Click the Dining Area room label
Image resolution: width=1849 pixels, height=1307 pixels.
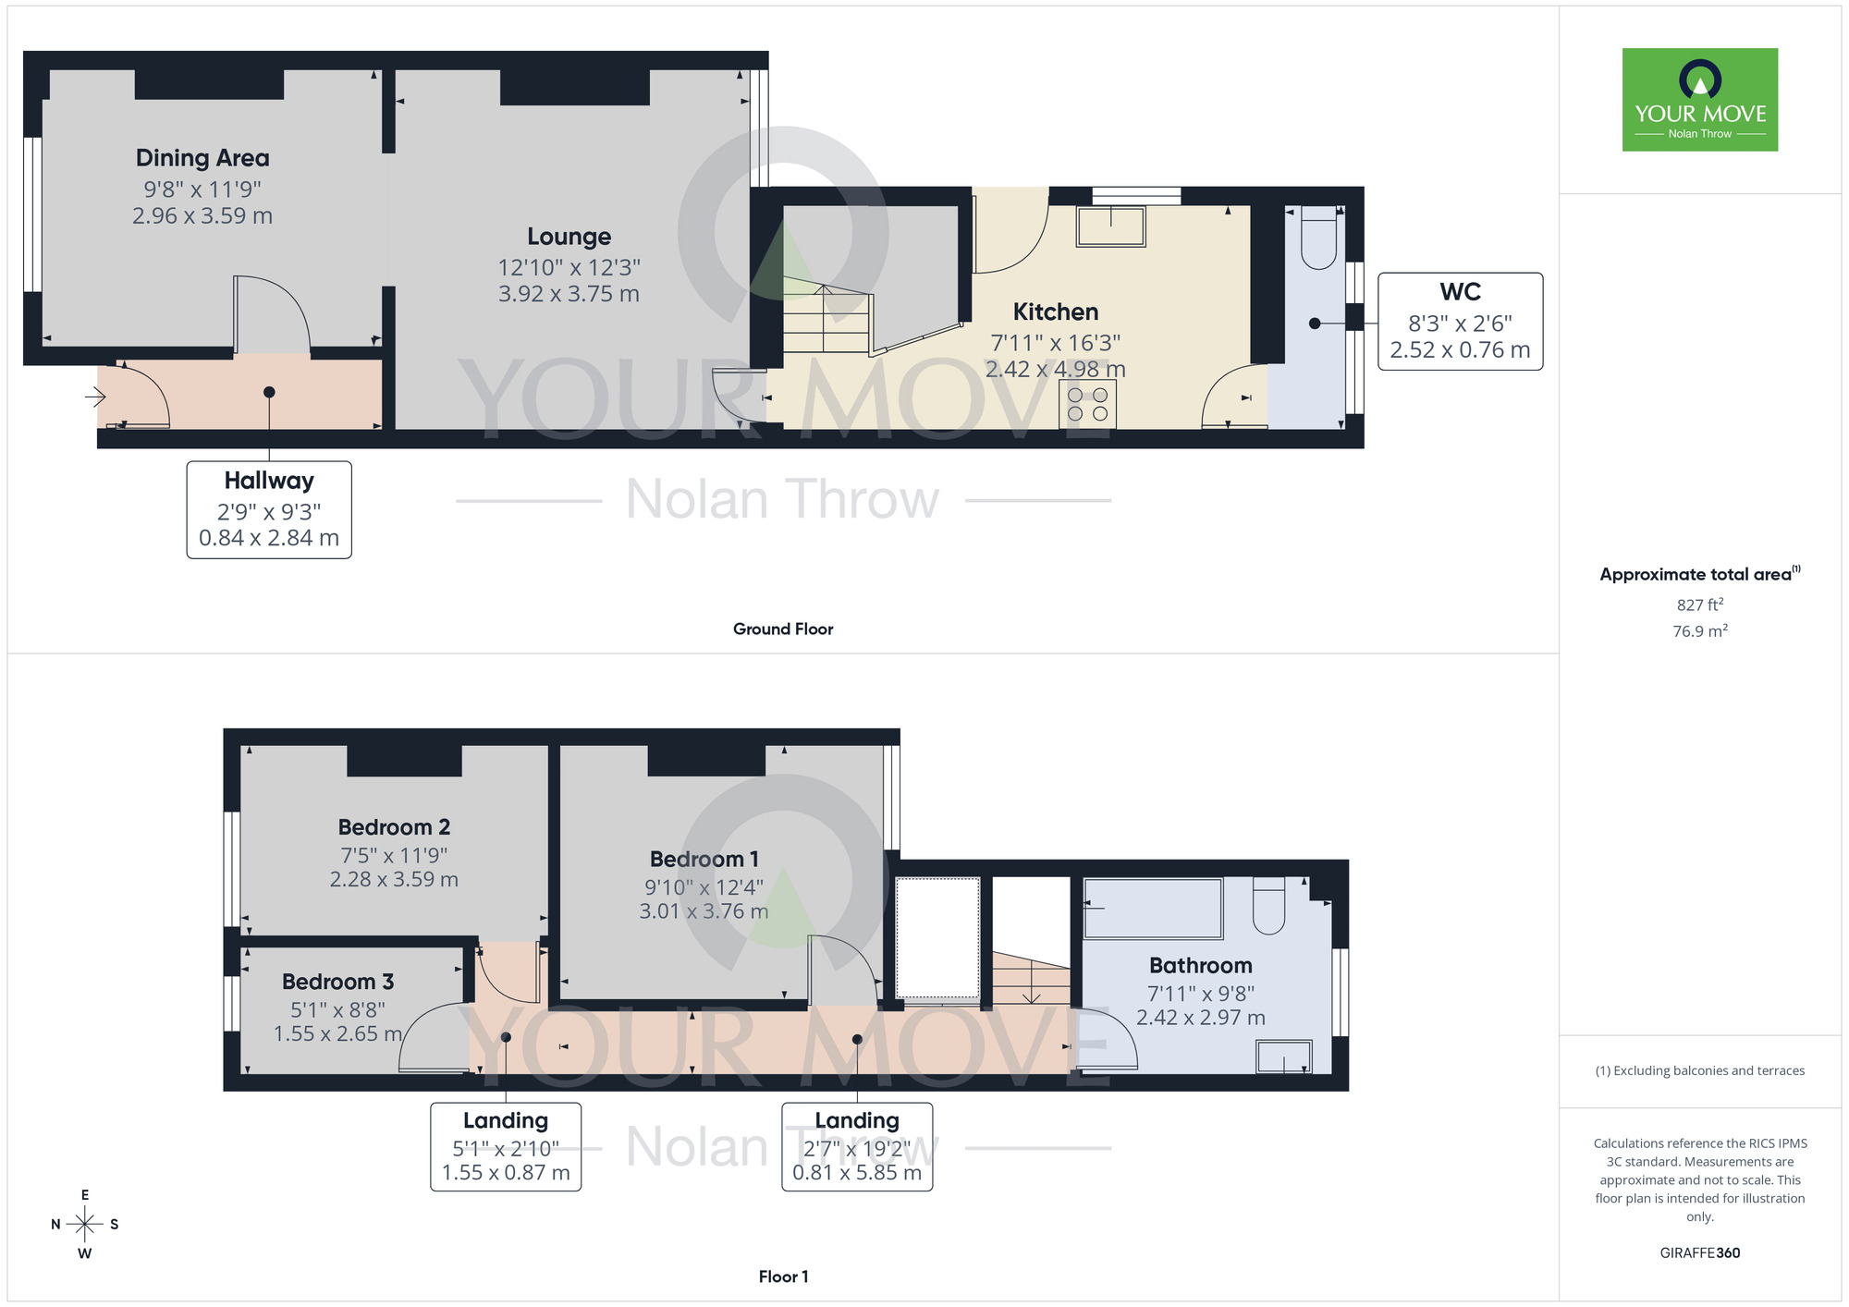pos(202,158)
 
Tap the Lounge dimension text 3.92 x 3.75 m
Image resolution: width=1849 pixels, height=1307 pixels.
pos(569,294)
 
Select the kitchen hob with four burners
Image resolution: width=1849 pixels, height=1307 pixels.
pos(1087,405)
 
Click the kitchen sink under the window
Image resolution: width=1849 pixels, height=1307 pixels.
pos(1110,226)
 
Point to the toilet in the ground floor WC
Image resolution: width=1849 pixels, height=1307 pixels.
pos(1318,238)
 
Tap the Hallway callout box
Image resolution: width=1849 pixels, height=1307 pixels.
pos(269,509)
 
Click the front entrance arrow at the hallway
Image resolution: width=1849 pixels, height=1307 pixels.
pos(95,397)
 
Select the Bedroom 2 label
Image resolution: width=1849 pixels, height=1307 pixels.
pos(394,827)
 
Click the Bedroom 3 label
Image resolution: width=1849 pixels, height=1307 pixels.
pos(337,982)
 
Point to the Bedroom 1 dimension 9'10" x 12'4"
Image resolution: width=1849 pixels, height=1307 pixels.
pos(704,887)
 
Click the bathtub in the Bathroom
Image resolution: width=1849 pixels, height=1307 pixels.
pos(1152,908)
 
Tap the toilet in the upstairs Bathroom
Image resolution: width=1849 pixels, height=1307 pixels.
pos(1269,906)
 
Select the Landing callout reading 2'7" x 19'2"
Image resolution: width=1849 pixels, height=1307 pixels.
pos(857,1146)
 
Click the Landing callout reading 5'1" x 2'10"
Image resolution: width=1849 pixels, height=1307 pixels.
pos(506,1146)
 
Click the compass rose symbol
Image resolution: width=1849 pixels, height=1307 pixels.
pos(85,1225)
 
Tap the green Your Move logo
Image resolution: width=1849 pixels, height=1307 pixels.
pos(1699,100)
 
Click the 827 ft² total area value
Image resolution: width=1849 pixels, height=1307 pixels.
pos(1699,605)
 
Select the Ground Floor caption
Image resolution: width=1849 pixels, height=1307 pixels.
pos(783,629)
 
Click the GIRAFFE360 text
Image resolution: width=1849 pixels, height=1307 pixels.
pos(1699,1253)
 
